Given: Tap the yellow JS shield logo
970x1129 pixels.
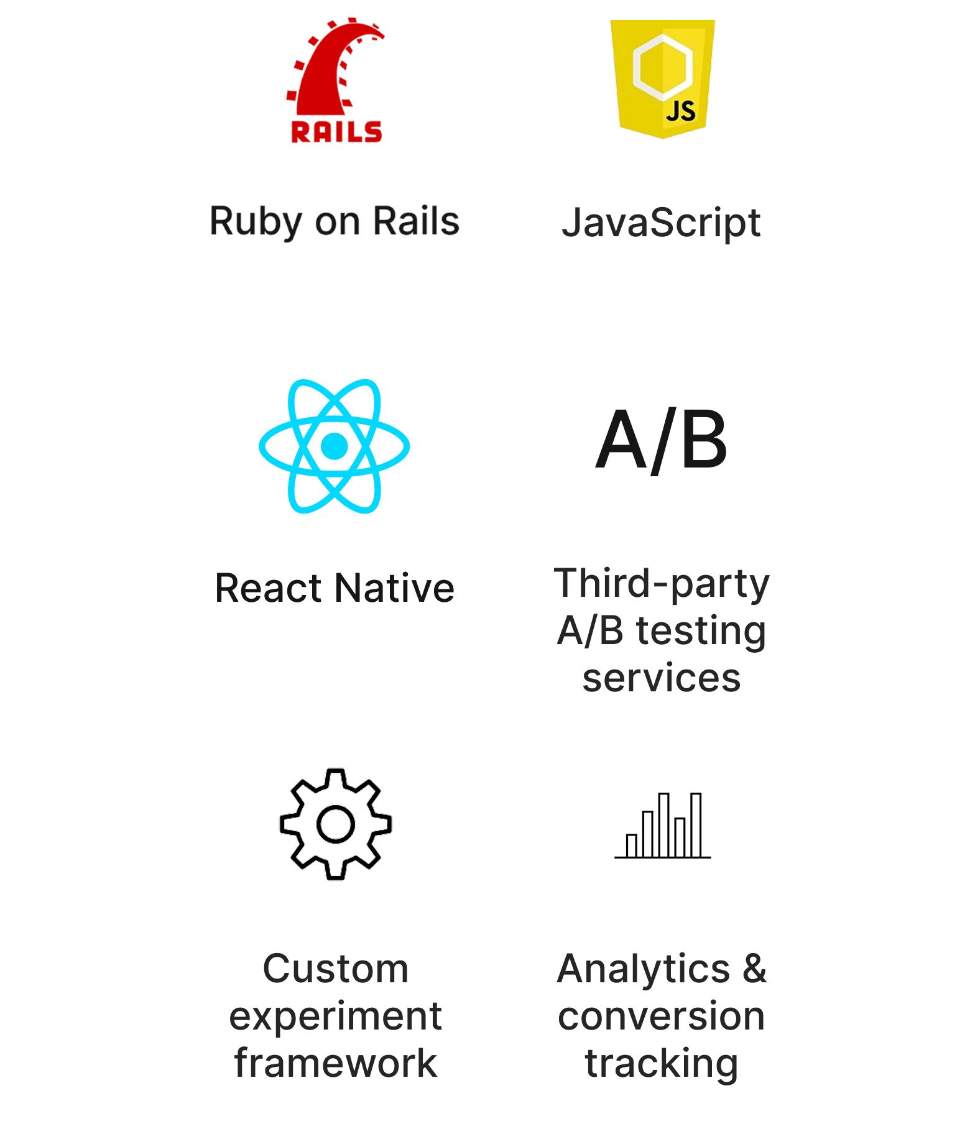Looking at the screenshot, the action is pyautogui.click(x=662, y=78).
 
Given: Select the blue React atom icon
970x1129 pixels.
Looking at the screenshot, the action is pyautogui.click(x=335, y=446).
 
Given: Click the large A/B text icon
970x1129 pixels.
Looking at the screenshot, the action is pyautogui.click(x=662, y=441).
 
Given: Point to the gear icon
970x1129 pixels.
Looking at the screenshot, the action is pyautogui.click(x=335, y=824).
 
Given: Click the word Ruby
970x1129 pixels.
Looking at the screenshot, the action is pyautogui.click(x=256, y=222).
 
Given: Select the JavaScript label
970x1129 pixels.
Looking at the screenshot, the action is pyautogui.click(x=661, y=223).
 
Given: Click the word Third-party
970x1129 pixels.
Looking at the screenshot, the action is pyautogui.click(x=662, y=584).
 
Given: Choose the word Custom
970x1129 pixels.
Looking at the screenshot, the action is pyautogui.click(x=336, y=969).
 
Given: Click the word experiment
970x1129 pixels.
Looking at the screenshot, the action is pyautogui.click(x=336, y=1016).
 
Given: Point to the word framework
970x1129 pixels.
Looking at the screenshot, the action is pyautogui.click(x=336, y=1063).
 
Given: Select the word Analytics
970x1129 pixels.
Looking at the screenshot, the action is pyautogui.click(x=644, y=969).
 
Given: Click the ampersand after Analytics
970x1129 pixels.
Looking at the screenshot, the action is pyautogui.click(x=754, y=969).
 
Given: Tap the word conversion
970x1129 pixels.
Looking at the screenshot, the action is pyautogui.click(x=662, y=1016).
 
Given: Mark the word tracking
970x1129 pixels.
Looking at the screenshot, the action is pyautogui.click(x=662, y=1063).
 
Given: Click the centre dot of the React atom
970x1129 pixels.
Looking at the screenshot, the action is pyautogui.click(x=335, y=446).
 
